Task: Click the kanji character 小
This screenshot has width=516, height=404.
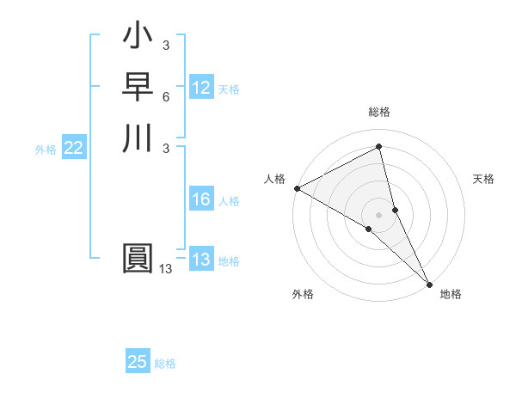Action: [x=138, y=38]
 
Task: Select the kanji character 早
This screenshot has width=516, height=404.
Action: [x=138, y=88]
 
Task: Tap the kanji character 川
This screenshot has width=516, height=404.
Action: [x=138, y=138]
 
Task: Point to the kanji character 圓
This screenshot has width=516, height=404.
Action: [x=138, y=259]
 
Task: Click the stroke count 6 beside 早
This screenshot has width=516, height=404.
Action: [x=166, y=96]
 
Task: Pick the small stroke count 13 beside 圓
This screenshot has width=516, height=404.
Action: [x=166, y=269]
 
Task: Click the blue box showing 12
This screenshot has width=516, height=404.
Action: [x=201, y=88]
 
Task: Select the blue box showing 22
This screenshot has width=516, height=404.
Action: [x=74, y=149]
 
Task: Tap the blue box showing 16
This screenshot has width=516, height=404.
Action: [x=201, y=200]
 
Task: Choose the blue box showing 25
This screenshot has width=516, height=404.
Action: [x=138, y=362]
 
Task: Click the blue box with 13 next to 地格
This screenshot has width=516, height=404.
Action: [x=201, y=260]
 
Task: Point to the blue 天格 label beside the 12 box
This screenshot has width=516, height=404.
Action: [x=229, y=89]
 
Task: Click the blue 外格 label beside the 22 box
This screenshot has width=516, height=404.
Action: [x=46, y=150]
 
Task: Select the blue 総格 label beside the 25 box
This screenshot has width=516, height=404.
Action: [x=165, y=364]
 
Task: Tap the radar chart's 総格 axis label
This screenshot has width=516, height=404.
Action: [x=379, y=112]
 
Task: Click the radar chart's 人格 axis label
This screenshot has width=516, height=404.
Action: [x=274, y=178]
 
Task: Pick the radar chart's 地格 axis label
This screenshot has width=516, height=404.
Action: [x=451, y=294]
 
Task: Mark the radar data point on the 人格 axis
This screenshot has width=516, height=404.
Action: [x=297, y=188]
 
